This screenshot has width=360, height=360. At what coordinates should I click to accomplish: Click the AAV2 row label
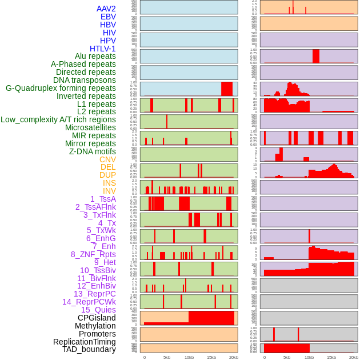click(106, 9)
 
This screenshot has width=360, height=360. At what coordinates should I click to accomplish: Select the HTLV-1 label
click(103, 49)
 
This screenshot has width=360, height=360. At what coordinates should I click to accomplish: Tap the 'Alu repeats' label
click(95, 56)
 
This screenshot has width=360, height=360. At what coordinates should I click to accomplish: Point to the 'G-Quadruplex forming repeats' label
click(61, 88)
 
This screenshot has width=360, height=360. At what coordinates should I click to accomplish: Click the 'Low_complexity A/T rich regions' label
click(58, 119)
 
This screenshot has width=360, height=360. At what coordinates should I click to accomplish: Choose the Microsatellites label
click(90, 127)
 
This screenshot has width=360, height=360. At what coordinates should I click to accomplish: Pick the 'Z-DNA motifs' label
click(93, 151)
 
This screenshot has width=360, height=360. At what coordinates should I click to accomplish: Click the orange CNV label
click(107, 159)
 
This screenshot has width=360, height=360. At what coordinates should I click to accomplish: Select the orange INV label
click(109, 191)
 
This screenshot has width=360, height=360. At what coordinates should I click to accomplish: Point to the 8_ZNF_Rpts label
click(93, 254)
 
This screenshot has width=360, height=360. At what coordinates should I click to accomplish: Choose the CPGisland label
click(97, 318)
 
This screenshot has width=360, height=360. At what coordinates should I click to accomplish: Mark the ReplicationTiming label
click(85, 342)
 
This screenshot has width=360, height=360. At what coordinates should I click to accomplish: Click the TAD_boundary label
click(89, 349)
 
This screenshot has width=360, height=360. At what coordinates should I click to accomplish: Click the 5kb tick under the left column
click(167, 357)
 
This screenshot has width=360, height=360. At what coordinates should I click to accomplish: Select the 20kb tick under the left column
click(233, 357)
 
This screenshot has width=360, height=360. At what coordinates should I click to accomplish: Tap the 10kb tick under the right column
click(309, 357)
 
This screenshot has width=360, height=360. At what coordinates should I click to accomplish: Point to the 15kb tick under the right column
click(331, 357)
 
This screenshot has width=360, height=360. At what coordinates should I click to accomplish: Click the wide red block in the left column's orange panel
click(211, 318)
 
